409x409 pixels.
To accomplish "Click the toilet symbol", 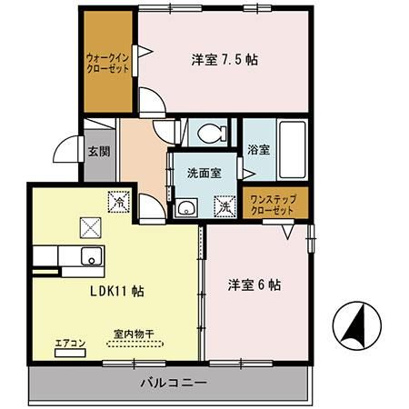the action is (x=212, y=133).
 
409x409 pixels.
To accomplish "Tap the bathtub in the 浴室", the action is (x=292, y=149).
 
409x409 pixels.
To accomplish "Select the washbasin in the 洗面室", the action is (x=186, y=207).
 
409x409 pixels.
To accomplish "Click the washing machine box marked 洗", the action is (x=224, y=207).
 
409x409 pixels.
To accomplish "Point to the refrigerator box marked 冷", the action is (x=119, y=202).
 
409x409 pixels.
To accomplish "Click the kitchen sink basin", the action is (x=92, y=256).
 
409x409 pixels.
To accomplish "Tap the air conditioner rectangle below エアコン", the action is (x=70, y=353).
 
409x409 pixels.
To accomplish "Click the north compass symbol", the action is (x=356, y=325).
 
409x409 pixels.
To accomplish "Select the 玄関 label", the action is (x=99, y=152).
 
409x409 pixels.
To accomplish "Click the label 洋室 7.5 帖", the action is (x=224, y=60).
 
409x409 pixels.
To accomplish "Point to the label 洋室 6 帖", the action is (x=254, y=285).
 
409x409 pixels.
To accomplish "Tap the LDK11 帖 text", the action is (x=117, y=291).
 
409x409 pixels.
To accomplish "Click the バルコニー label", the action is (x=174, y=383).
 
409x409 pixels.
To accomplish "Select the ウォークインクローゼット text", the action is (x=108, y=63).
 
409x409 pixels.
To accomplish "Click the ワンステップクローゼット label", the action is (x=273, y=205).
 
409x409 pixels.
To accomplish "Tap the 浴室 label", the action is (x=258, y=150).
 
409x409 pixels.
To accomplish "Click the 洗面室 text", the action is (x=204, y=173).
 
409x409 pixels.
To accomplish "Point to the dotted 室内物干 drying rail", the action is (x=135, y=344).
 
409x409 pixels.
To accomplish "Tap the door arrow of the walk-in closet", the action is (x=145, y=51).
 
